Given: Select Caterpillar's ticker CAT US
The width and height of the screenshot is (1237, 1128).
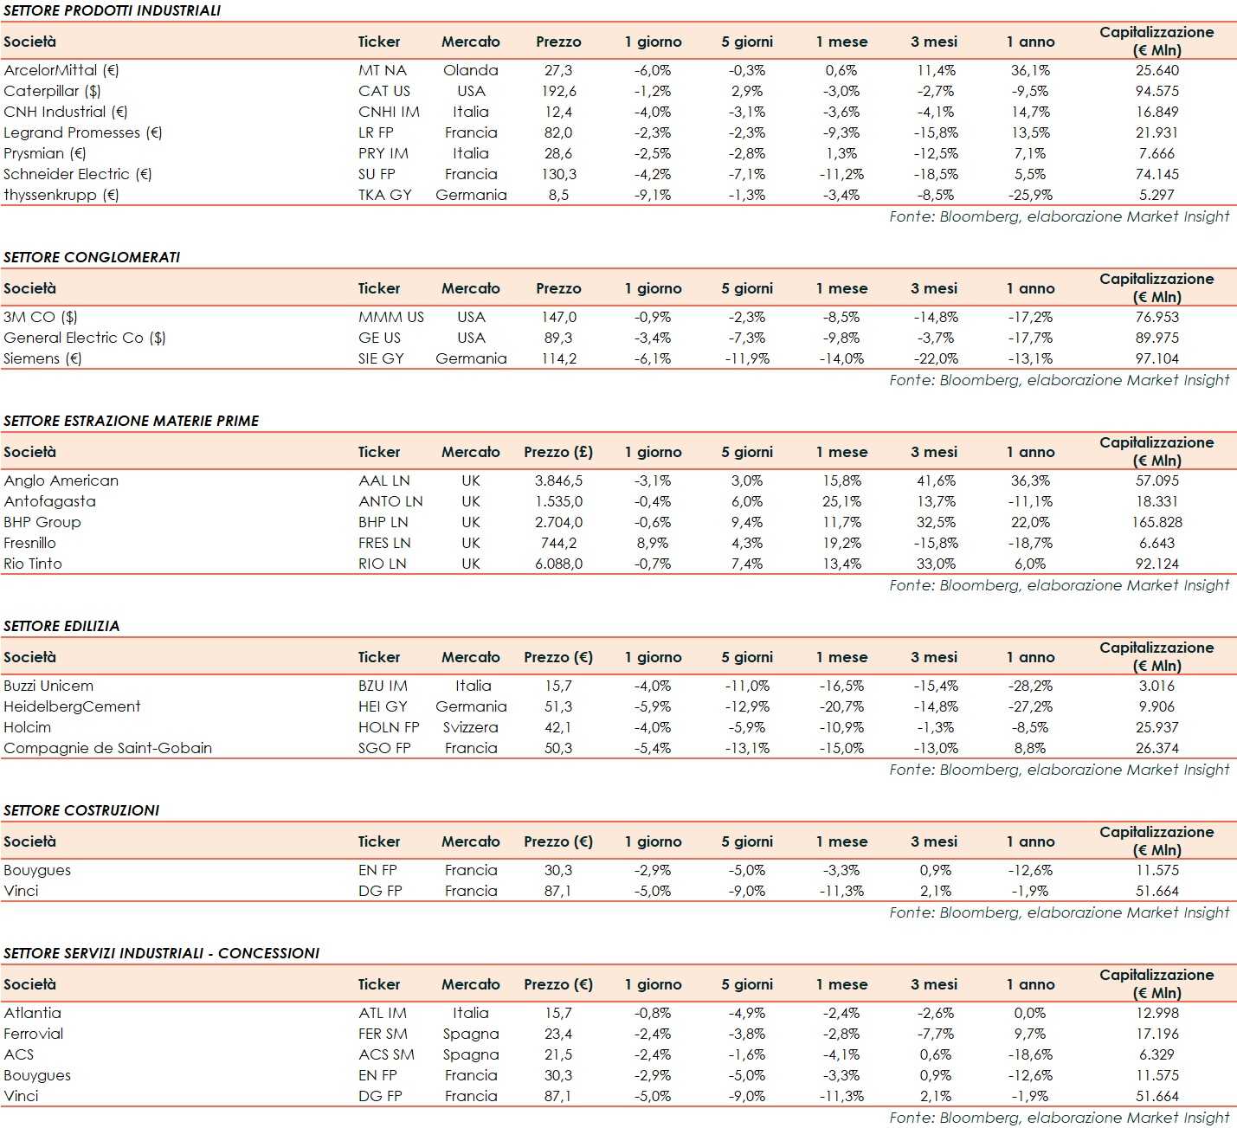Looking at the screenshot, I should point(384,91).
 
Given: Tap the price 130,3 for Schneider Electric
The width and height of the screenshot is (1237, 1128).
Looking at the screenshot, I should point(558,174).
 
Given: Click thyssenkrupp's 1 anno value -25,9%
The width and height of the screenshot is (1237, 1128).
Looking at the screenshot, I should point(1030,195).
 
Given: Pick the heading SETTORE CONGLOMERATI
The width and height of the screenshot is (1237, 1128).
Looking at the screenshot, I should point(92,257).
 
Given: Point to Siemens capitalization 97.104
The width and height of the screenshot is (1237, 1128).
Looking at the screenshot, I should point(1156,358).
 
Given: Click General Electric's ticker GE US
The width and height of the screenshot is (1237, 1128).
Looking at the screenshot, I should point(379,338).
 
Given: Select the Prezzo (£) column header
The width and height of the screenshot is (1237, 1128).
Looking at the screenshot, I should point(558,452).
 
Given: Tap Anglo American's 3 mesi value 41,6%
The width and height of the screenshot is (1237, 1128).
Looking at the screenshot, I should point(935,480).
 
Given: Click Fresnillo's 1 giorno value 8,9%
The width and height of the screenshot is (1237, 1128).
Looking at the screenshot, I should point(653,543).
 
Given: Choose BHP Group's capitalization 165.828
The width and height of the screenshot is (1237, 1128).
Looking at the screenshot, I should point(1156,522).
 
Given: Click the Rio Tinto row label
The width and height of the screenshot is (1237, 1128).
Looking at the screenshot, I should point(33,564).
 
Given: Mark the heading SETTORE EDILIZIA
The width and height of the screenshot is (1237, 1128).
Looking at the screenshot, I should point(61,626).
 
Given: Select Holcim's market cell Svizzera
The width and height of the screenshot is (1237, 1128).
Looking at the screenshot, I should point(471,727).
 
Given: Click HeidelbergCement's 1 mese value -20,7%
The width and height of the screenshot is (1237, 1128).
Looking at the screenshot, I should point(841,706).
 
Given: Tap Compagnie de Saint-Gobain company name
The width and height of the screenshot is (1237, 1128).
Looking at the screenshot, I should point(108,748).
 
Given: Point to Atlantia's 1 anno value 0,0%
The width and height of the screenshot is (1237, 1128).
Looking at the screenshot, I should point(1030,1013).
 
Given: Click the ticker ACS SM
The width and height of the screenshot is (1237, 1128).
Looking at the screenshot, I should point(386,1054).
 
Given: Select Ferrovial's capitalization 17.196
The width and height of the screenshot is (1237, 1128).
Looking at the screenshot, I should point(1156,1034).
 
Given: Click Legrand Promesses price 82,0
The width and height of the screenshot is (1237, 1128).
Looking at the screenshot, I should point(558,132).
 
